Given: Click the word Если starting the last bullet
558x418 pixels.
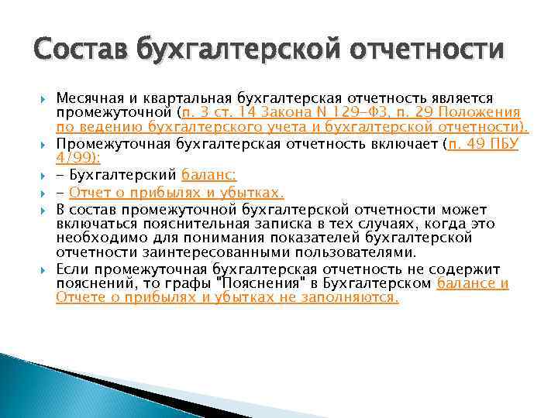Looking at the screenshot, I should click(x=71, y=269).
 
